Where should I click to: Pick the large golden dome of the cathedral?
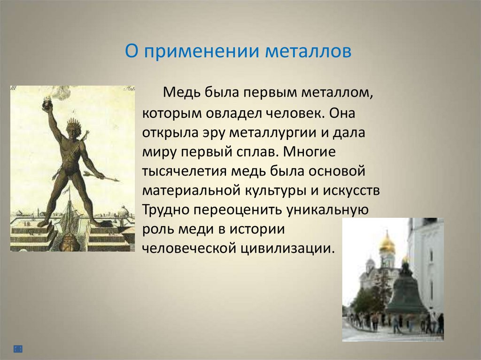click(387, 243)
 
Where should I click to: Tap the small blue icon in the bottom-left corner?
click(18, 349)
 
